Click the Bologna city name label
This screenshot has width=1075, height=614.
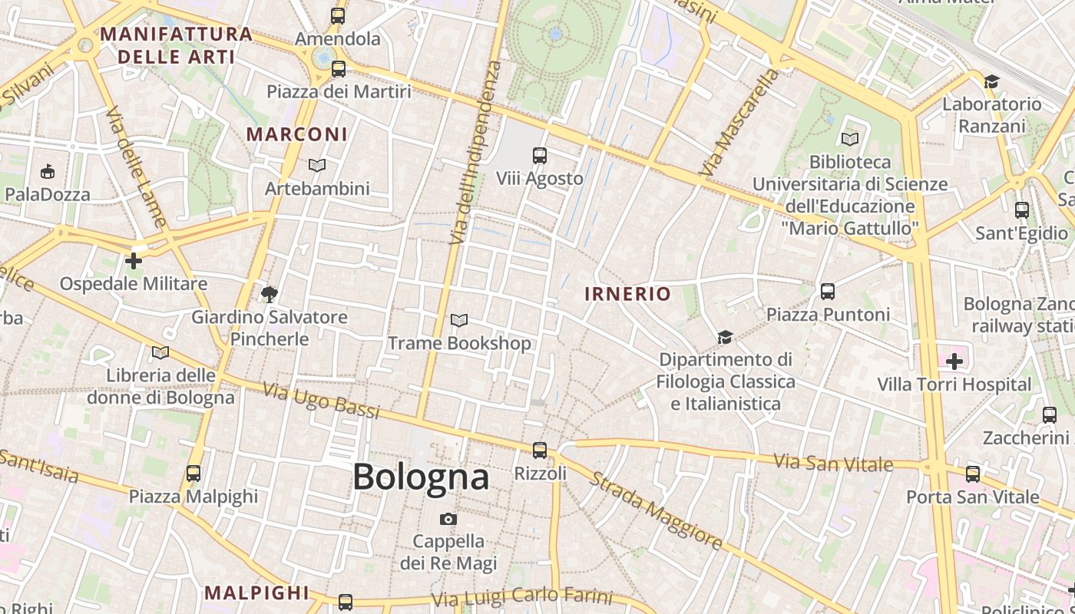(x=421, y=477)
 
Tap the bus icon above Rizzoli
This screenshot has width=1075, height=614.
(x=540, y=451)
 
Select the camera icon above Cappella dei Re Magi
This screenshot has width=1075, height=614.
(x=448, y=520)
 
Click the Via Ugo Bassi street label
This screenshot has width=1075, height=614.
(x=321, y=400)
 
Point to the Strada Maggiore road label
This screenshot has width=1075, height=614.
(x=656, y=510)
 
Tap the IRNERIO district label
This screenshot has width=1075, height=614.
(x=627, y=294)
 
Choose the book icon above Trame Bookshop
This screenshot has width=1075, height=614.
(x=459, y=321)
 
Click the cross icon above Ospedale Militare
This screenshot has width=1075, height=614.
(x=134, y=261)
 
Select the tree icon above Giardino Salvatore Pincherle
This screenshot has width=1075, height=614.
(x=269, y=294)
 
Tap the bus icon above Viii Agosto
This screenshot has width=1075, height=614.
(x=540, y=156)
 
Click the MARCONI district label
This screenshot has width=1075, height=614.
(x=296, y=134)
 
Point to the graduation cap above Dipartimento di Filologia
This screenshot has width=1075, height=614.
(x=725, y=337)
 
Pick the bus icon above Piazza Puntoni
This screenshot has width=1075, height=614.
(x=827, y=292)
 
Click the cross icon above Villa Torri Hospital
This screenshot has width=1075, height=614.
(x=954, y=361)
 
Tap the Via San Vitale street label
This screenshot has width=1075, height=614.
(x=833, y=463)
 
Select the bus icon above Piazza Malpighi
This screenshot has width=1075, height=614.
(x=193, y=474)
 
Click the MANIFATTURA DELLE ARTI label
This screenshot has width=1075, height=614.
(x=176, y=45)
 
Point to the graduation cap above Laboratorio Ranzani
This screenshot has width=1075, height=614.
(x=991, y=81)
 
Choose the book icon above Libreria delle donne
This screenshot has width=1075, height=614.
(x=160, y=353)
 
